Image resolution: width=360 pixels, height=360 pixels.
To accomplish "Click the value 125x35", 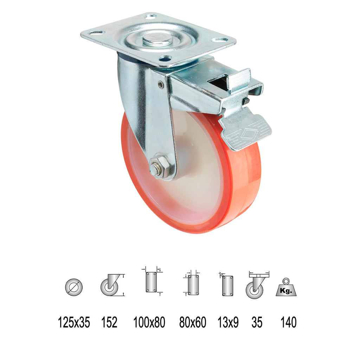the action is click(x=74, y=322).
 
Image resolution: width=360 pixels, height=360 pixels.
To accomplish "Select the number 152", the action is click(x=109, y=322).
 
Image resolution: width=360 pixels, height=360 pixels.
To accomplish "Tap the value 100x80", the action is click(x=149, y=322).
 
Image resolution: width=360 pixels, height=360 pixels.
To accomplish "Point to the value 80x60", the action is click(x=193, y=322).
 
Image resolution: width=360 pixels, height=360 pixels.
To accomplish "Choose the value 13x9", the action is click(x=228, y=322).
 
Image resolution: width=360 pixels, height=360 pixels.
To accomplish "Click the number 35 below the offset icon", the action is click(x=257, y=322).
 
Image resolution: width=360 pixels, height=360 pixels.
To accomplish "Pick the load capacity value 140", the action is click(x=288, y=322).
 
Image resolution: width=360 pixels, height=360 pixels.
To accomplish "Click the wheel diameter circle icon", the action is click(x=74, y=287).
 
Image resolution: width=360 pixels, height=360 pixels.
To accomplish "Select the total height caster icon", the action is click(x=112, y=285).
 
